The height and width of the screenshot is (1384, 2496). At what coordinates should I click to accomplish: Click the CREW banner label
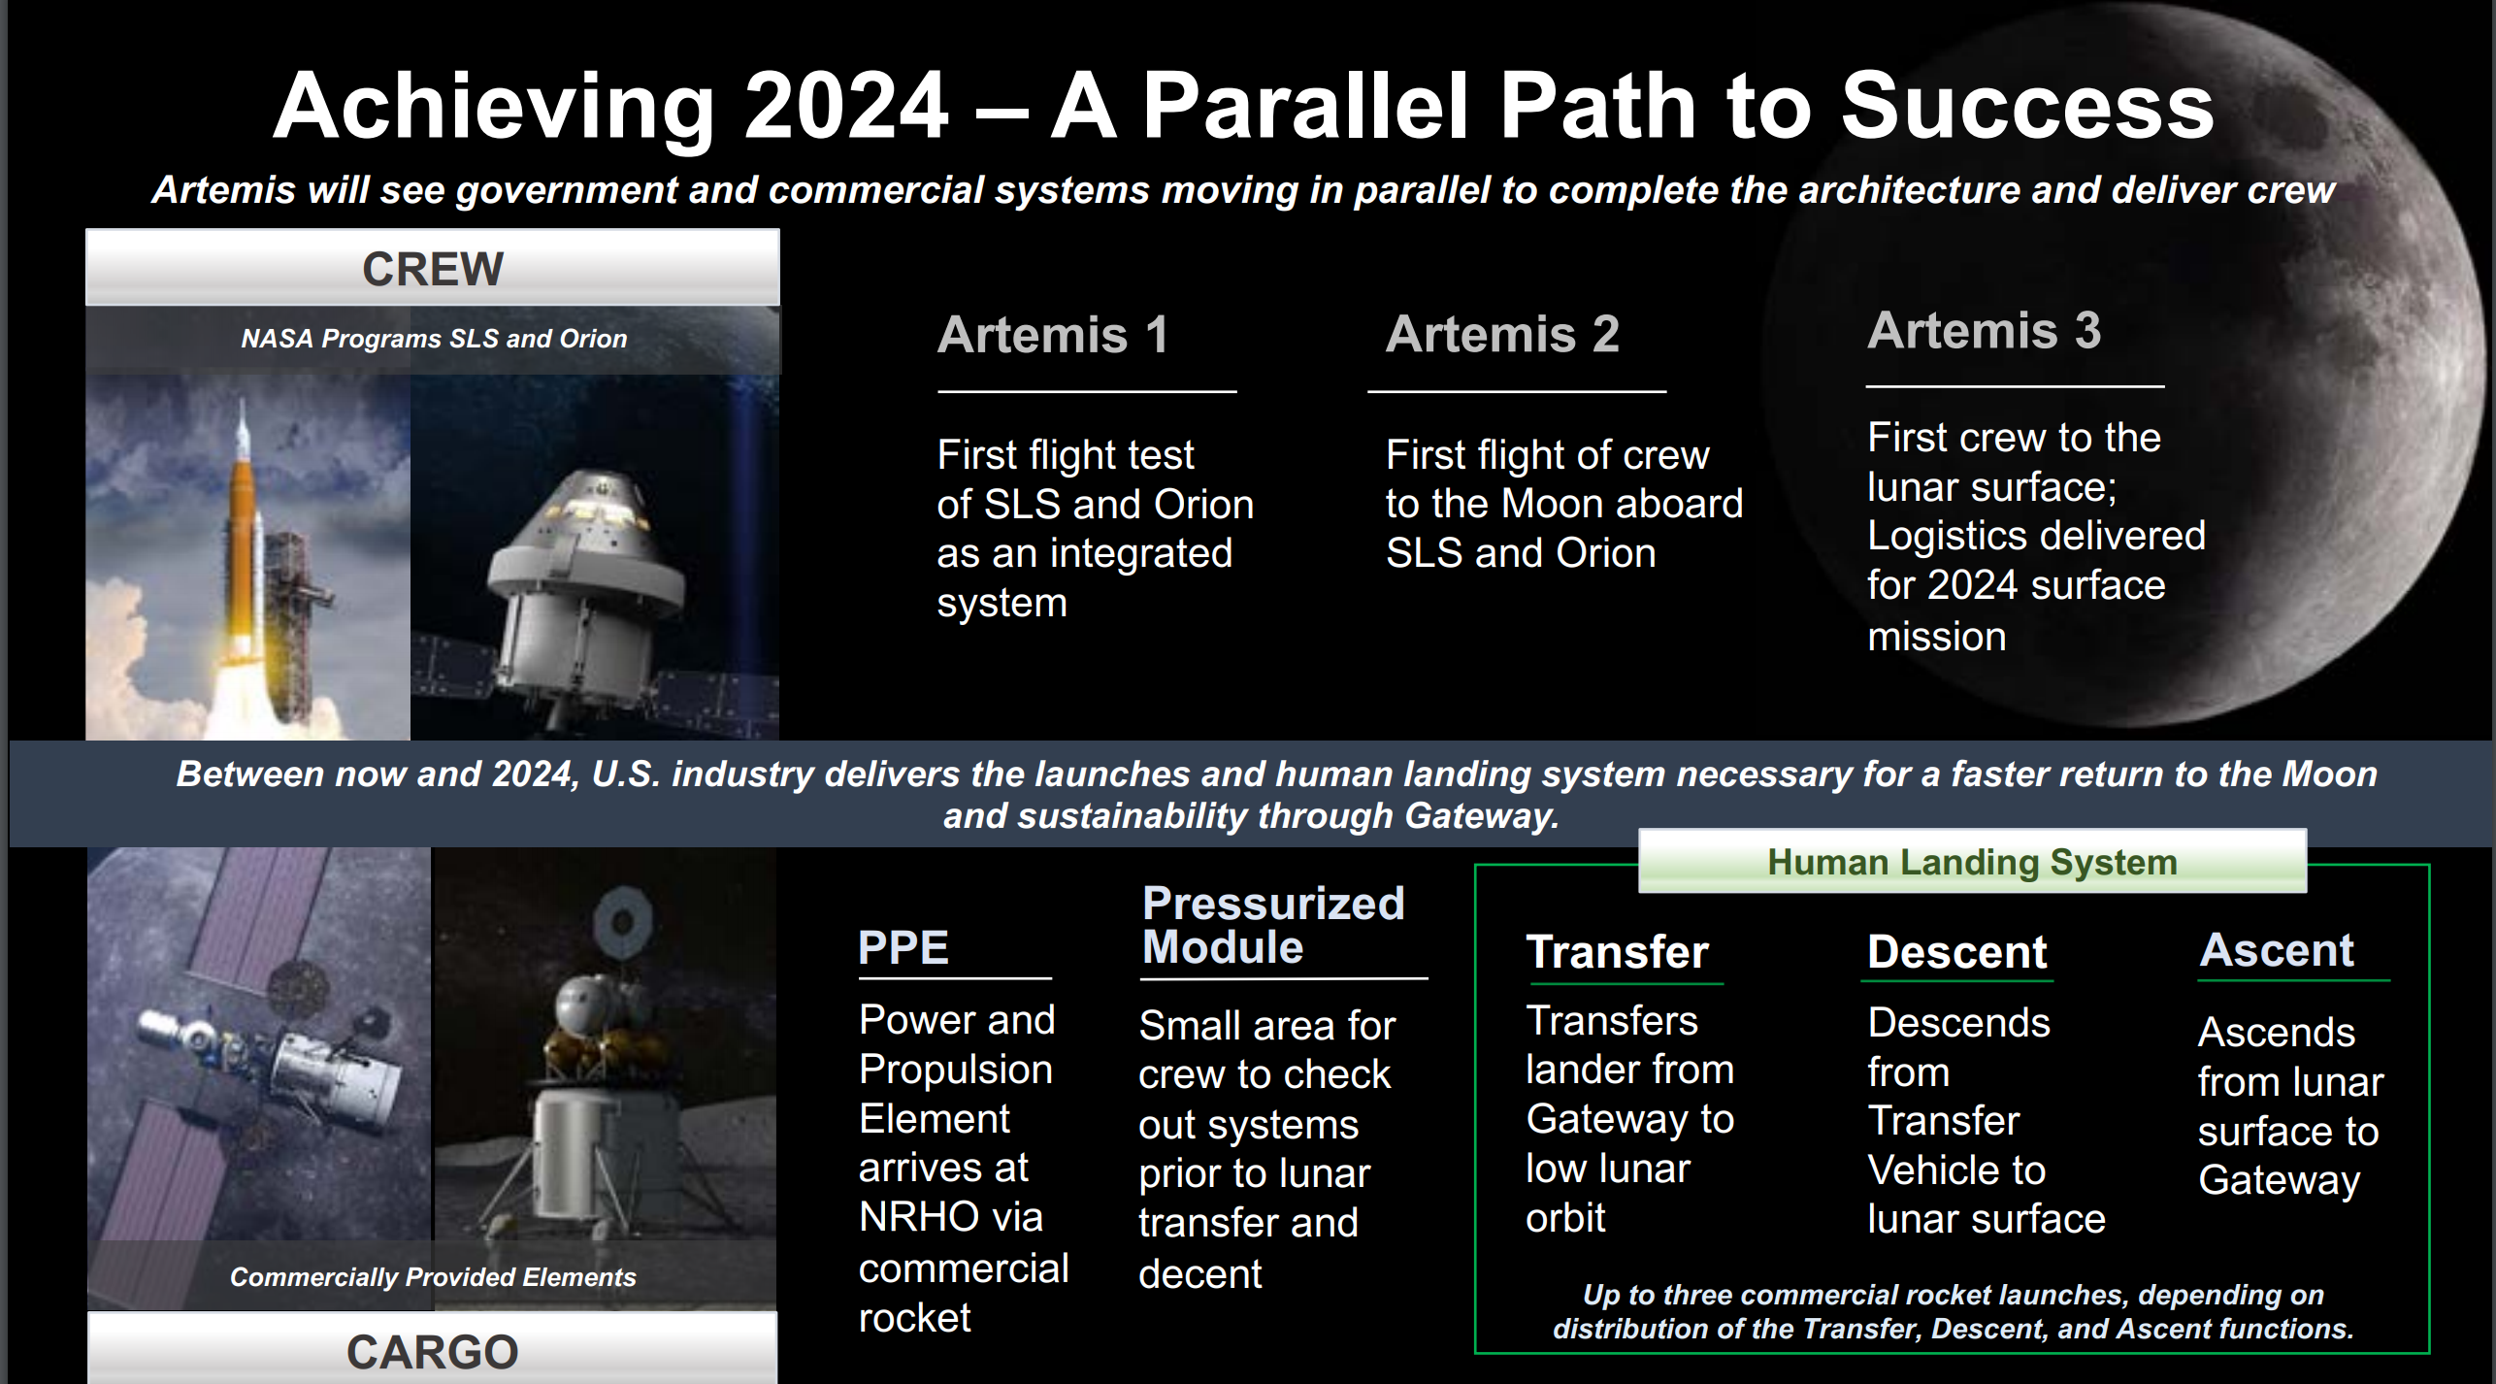pos(433,269)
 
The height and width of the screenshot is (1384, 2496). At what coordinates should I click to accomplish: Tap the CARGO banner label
pos(433,1352)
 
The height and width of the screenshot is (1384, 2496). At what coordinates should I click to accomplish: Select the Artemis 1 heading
pos(1053,335)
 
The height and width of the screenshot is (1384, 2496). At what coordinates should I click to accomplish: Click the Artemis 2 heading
pos(1502,334)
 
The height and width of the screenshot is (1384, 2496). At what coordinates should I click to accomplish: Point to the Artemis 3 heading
pos(1985,330)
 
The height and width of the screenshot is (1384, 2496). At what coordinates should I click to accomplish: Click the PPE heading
pos(903,947)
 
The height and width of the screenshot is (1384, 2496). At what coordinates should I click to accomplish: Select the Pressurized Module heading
pos(1273,925)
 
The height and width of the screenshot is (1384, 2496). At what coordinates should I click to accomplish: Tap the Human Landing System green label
pos(1972,862)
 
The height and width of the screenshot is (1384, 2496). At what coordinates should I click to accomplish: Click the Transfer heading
pos(1617,951)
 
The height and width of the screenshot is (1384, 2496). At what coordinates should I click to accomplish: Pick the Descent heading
pos(1957,951)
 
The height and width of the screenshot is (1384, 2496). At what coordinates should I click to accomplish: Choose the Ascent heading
pos(2277,949)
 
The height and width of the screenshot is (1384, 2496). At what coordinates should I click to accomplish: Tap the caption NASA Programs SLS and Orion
pos(434,339)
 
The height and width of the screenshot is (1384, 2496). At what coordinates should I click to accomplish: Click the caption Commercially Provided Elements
pos(433,1277)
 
